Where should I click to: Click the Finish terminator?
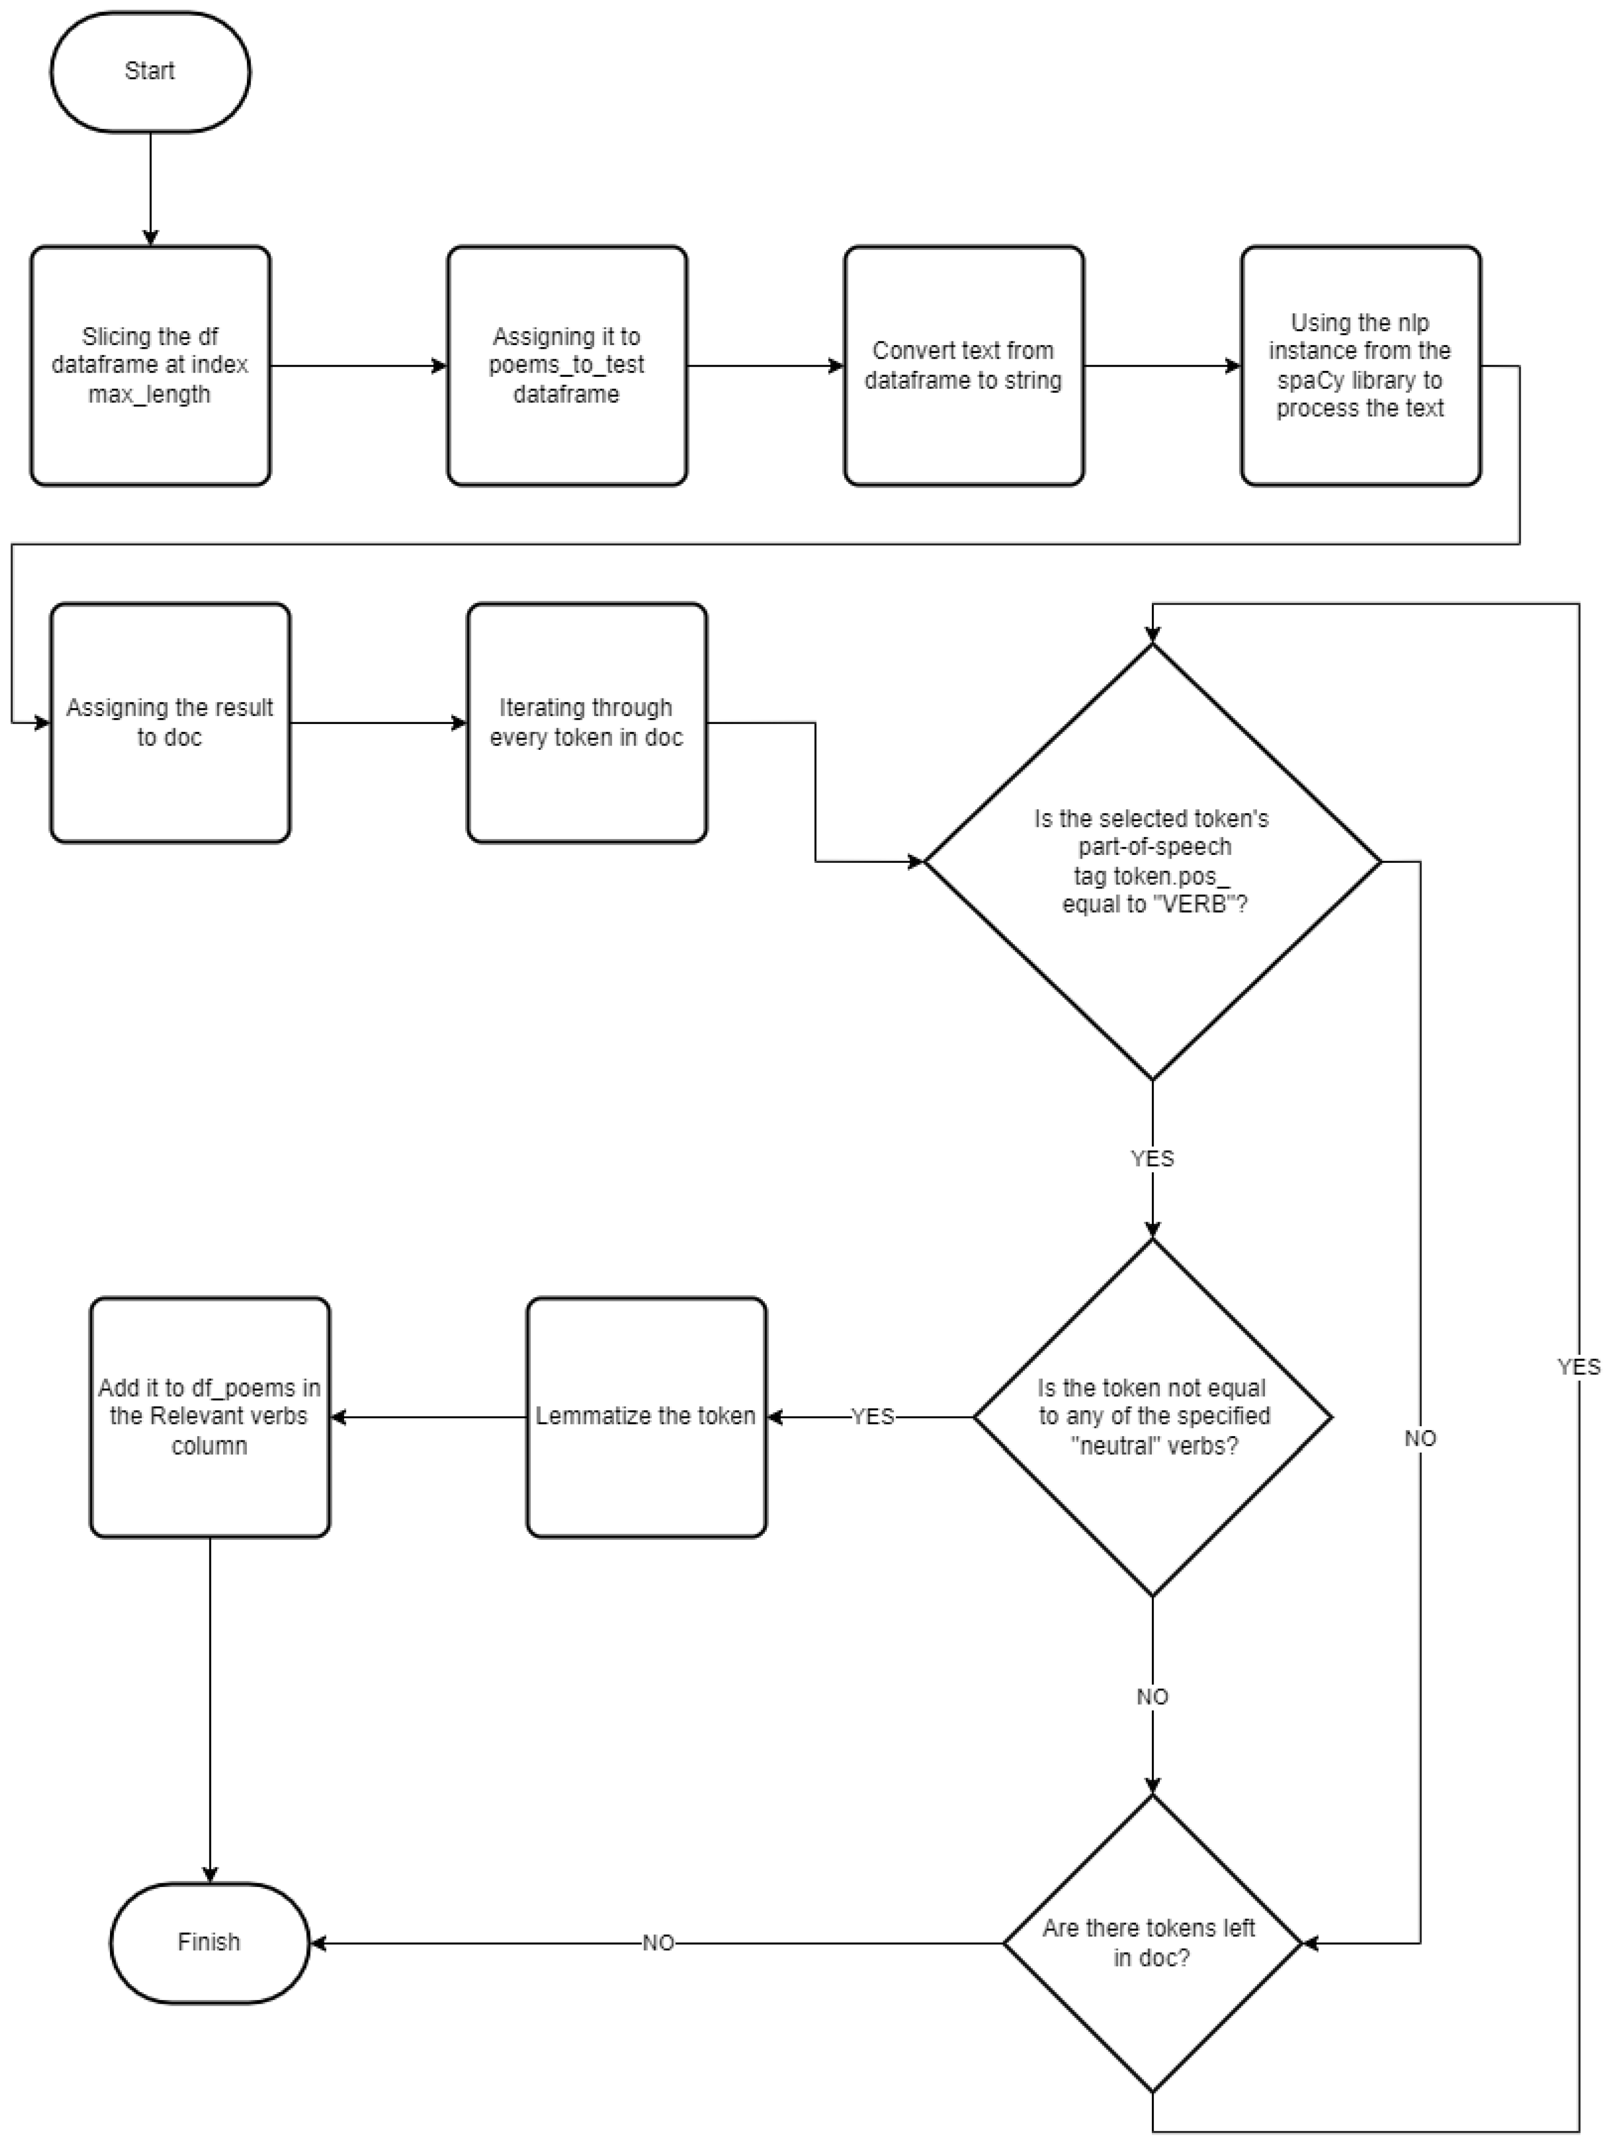pyautogui.click(x=209, y=1942)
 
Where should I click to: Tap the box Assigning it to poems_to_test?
pyautogui.click(x=567, y=365)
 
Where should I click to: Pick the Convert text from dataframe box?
pyautogui.click(x=963, y=365)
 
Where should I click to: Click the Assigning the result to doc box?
pyautogui.click(x=170, y=723)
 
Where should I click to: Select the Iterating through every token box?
pyautogui.click(x=586, y=723)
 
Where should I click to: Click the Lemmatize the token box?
pyautogui.click(x=646, y=1417)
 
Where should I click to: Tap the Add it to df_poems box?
pyautogui.click(x=210, y=1417)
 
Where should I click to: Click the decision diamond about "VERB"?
pyautogui.click(x=1152, y=862)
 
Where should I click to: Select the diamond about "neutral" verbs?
pyautogui.click(x=1152, y=1417)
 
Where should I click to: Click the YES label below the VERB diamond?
pyautogui.click(x=1152, y=1158)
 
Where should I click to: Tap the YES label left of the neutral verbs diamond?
pyautogui.click(x=873, y=1417)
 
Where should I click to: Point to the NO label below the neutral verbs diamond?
pyautogui.click(x=1152, y=1696)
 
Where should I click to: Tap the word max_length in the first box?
pyautogui.click(x=150, y=394)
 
